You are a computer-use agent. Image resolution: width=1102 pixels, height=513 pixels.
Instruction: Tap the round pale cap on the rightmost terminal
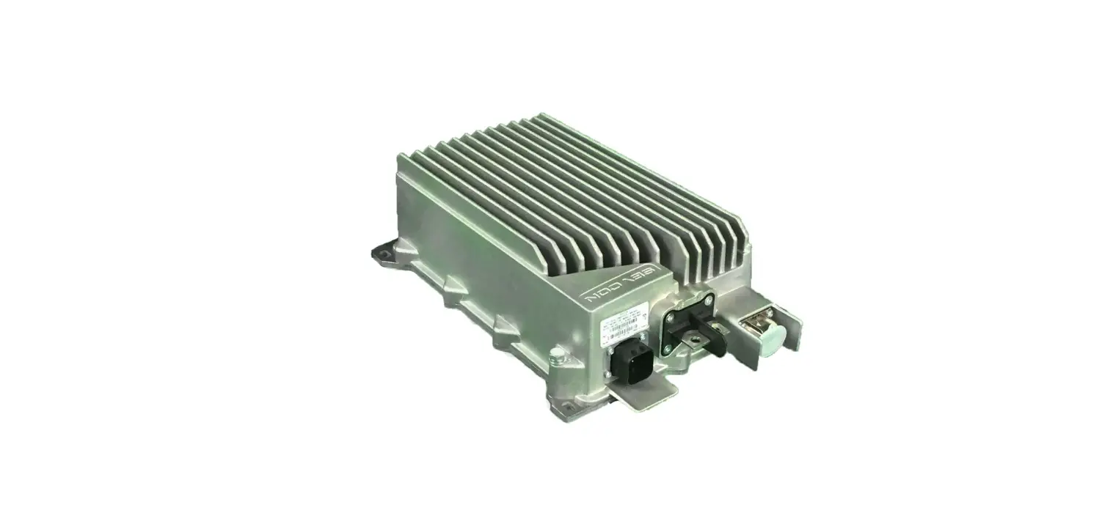click(773, 338)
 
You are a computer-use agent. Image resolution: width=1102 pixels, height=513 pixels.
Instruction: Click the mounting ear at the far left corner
click(383, 254)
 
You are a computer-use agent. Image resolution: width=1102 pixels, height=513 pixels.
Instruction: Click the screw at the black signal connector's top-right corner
click(644, 337)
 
